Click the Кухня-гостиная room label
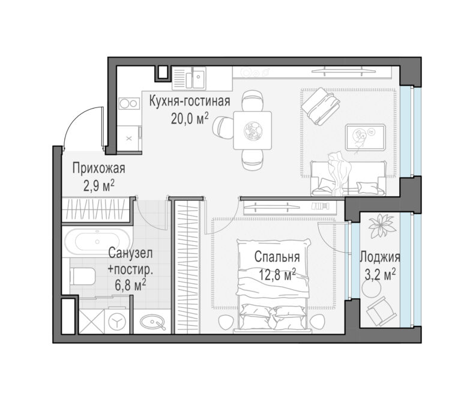tap(190, 101)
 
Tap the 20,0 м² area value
tap(190, 119)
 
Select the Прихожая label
tap(98, 169)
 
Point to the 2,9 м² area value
tap(99, 185)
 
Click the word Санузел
tap(130, 253)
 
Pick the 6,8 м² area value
tap(130, 285)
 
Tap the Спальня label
tap(277, 257)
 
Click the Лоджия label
tap(380, 257)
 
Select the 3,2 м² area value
tap(380, 275)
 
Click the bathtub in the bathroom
tap(97, 242)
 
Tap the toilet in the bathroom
tap(82, 277)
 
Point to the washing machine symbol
tap(118, 320)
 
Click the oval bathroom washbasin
tap(153, 322)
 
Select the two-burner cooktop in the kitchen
tap(128, 104)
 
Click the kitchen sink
tap(189, 77)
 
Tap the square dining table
tap(252, 130)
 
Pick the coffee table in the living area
tap(366, 137)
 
